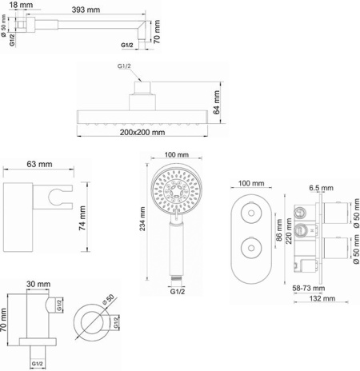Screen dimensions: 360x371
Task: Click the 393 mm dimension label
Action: [x=86, y=10]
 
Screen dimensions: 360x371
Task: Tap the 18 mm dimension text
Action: [x=21, y=5]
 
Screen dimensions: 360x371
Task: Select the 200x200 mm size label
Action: [x=142, y=132]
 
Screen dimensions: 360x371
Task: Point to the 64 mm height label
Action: [x=216, y=102]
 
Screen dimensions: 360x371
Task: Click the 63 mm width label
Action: [x=39, y=164]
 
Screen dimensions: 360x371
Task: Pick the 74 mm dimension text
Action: [x=82, y=217]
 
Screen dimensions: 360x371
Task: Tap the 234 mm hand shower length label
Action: [x=142, y=218]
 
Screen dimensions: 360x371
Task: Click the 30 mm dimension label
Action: [x=38, y=284]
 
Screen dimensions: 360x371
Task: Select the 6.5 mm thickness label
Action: [x=321, y=188]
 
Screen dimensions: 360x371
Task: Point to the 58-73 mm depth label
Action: [x=309, y=288]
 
